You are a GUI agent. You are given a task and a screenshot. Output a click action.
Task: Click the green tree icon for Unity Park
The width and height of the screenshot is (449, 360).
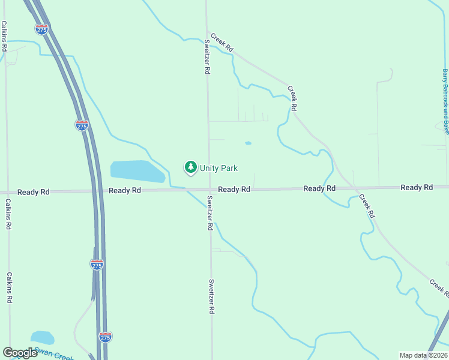coord(191,167)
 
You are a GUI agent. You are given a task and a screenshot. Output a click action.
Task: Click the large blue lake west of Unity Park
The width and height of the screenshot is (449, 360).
coord(137,171)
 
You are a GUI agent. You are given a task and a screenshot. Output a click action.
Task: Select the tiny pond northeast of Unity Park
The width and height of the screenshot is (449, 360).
coord(248,143)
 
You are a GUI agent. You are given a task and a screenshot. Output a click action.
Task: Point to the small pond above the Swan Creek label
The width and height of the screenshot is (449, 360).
coord(42,338)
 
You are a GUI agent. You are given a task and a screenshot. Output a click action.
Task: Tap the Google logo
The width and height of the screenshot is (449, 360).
coord(20,353)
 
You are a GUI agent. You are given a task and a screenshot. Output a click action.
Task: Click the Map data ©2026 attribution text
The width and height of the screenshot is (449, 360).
coord(424,355)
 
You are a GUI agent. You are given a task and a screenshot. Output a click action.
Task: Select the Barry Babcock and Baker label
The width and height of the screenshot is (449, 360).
coord(445,101)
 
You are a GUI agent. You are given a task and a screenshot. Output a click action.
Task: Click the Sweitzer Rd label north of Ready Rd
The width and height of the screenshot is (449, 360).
coord(206,58)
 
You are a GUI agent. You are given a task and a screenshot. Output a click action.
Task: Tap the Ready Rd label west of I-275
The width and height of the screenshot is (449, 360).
coord(34,192)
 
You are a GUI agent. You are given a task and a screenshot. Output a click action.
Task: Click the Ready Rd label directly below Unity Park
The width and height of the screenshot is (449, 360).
coord(234,190)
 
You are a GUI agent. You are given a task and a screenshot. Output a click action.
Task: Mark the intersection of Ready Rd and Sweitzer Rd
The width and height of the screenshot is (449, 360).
coord(209,190)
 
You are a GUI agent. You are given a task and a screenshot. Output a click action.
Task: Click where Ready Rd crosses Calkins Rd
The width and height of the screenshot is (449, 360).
coord(8,192)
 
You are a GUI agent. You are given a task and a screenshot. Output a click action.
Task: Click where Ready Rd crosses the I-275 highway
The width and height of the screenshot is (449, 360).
coord(97,191)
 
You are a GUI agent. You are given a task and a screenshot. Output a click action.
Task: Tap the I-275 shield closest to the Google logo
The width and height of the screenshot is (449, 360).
coord(105,337)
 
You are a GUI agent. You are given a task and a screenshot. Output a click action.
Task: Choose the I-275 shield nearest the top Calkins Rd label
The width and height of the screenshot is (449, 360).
coord(41,29)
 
